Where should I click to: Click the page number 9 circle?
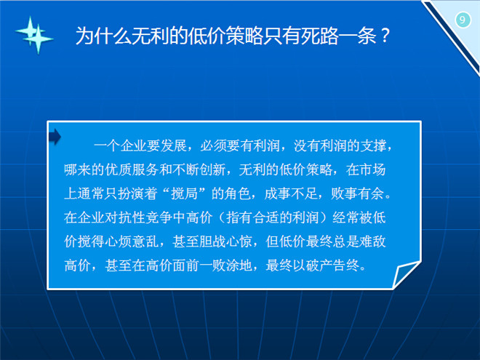pos(463,20)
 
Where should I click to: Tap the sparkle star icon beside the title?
pos(35,35)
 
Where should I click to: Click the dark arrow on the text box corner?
pos(55,137)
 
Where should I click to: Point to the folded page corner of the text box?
pos(407,274)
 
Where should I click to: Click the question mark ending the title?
pos(385,35)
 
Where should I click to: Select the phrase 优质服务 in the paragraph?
pos(132,169)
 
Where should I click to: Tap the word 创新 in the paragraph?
pos(212,169)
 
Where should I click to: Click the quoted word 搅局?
pos(184,193)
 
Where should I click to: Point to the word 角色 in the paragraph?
pos(238,193)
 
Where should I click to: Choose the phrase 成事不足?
pos(291,193)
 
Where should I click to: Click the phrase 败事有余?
pos(358,193)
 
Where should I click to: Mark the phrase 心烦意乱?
pos(132,241)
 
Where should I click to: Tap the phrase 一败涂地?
pos(225,265)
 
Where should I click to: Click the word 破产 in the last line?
pos(319,265)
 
